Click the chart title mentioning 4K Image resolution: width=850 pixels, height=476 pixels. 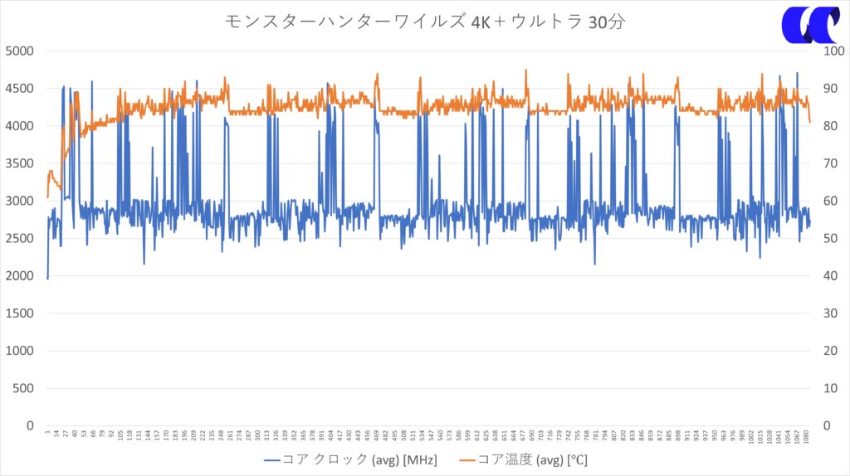tap(424, 22)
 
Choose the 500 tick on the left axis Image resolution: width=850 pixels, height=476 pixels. tap(24, 388)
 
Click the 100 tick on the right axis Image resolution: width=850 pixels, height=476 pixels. tap(832, 51)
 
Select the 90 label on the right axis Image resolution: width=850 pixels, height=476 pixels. tap(828, 89)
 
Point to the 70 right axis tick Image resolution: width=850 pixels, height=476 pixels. tap(828, 163)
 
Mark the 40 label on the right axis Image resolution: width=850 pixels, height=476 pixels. tap(828, 276)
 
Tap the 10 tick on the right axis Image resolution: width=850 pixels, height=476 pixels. tap(828, 388)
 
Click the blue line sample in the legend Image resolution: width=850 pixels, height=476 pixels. tap(273, 459)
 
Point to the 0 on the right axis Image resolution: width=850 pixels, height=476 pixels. tap(825, 425)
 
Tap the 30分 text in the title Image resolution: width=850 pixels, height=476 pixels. tap(606, 22)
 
